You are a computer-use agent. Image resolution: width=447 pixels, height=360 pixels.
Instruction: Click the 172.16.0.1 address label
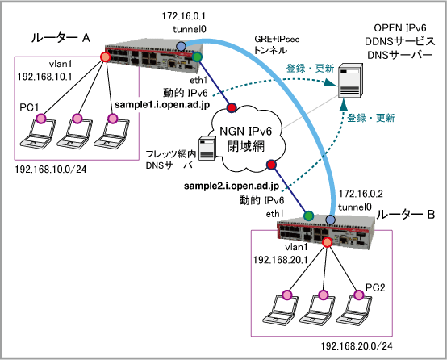click(x=184, y=16)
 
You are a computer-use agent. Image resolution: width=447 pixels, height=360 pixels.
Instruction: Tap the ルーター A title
click(x=61, y=38)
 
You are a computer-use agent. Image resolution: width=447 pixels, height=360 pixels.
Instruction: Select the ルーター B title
click(x=405, y=215)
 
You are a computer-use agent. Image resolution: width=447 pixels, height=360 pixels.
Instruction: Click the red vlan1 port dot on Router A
click(x=105, y=57)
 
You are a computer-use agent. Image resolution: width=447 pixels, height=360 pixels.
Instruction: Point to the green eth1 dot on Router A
click(x=197, y=57)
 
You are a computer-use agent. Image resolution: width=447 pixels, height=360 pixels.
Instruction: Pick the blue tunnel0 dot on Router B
click(x=331, y=220)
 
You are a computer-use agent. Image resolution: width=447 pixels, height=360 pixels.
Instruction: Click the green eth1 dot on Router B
click(x=308, y=216)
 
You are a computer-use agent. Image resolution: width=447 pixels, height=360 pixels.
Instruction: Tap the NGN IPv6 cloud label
click(x=246, y=139)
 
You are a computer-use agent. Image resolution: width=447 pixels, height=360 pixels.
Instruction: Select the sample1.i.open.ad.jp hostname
click(x=162, y=105)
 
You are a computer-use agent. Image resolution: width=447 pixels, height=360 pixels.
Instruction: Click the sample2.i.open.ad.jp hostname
click(x=232, y=186)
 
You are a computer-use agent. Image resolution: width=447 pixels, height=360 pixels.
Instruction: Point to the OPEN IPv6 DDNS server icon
click(x=350, y=81)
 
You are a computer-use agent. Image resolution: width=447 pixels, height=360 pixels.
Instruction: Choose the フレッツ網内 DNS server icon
click(x=207, y=149)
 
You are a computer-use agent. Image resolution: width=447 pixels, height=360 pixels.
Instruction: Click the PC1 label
click(x=29, y=107)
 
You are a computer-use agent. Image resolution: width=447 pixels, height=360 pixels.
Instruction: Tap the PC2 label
click(x=375, y=288)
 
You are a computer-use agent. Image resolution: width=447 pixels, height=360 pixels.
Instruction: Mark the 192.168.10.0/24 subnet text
click(x=51, y=170)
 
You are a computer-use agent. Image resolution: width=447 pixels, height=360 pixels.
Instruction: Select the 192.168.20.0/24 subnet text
click(x=357, y=346)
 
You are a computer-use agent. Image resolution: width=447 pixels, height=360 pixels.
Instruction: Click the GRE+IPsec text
click(x=277, y=39)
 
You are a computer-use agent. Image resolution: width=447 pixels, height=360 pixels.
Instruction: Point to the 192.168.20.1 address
click(x=281, y=260)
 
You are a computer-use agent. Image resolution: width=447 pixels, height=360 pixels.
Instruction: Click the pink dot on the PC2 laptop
click(x=359, y=295)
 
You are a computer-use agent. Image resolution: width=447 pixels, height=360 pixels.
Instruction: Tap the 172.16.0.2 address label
click(x=361, y=194)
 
